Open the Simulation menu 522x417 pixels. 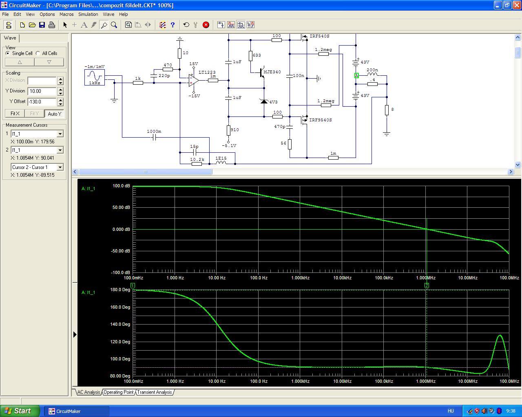point(88,14)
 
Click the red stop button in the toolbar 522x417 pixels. point(206,25)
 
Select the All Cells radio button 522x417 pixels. point(38,53)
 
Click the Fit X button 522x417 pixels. point(15,114)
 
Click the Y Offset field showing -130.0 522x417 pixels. point(42,102)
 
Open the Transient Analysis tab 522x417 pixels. point(155,392)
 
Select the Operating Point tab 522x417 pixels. point(118,392)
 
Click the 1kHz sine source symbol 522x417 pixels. point(95,77)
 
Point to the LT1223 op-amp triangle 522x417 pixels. point(194,80)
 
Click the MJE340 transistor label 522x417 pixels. point(272,72)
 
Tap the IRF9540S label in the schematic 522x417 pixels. point(321,120)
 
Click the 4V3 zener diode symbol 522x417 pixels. point(264,101)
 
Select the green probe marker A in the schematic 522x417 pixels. point(356,76)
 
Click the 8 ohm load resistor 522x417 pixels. point(387,110)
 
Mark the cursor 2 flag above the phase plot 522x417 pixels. point(427,286)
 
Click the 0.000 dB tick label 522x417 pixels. point(121,229)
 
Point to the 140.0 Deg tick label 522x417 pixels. point(120,324)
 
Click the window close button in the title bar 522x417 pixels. point(517,5)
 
